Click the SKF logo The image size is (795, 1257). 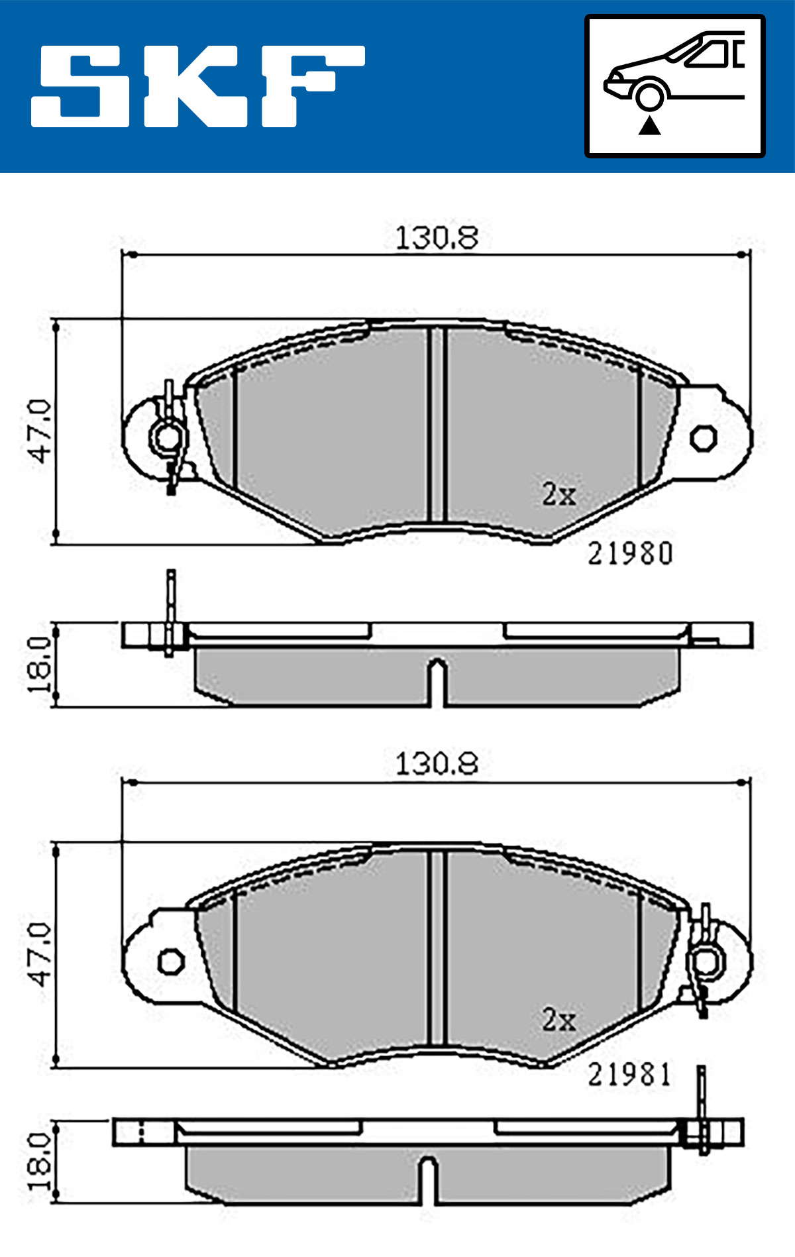point(197,85)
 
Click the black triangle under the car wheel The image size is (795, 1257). point(649,125)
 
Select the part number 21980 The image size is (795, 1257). point(630,554)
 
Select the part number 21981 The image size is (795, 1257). point(629,1075)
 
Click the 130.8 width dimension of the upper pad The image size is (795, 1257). point(437,239)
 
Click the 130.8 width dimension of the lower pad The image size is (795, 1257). point(437,764)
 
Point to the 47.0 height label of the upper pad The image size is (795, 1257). point(39,431)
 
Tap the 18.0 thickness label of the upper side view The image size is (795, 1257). point(39,665)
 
